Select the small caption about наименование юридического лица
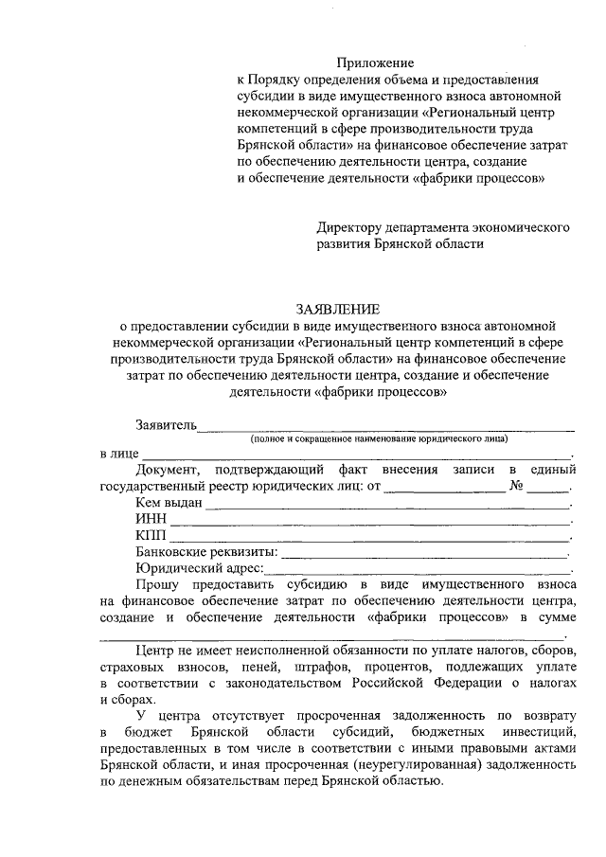379,439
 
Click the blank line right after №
548,490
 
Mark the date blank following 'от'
444,490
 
